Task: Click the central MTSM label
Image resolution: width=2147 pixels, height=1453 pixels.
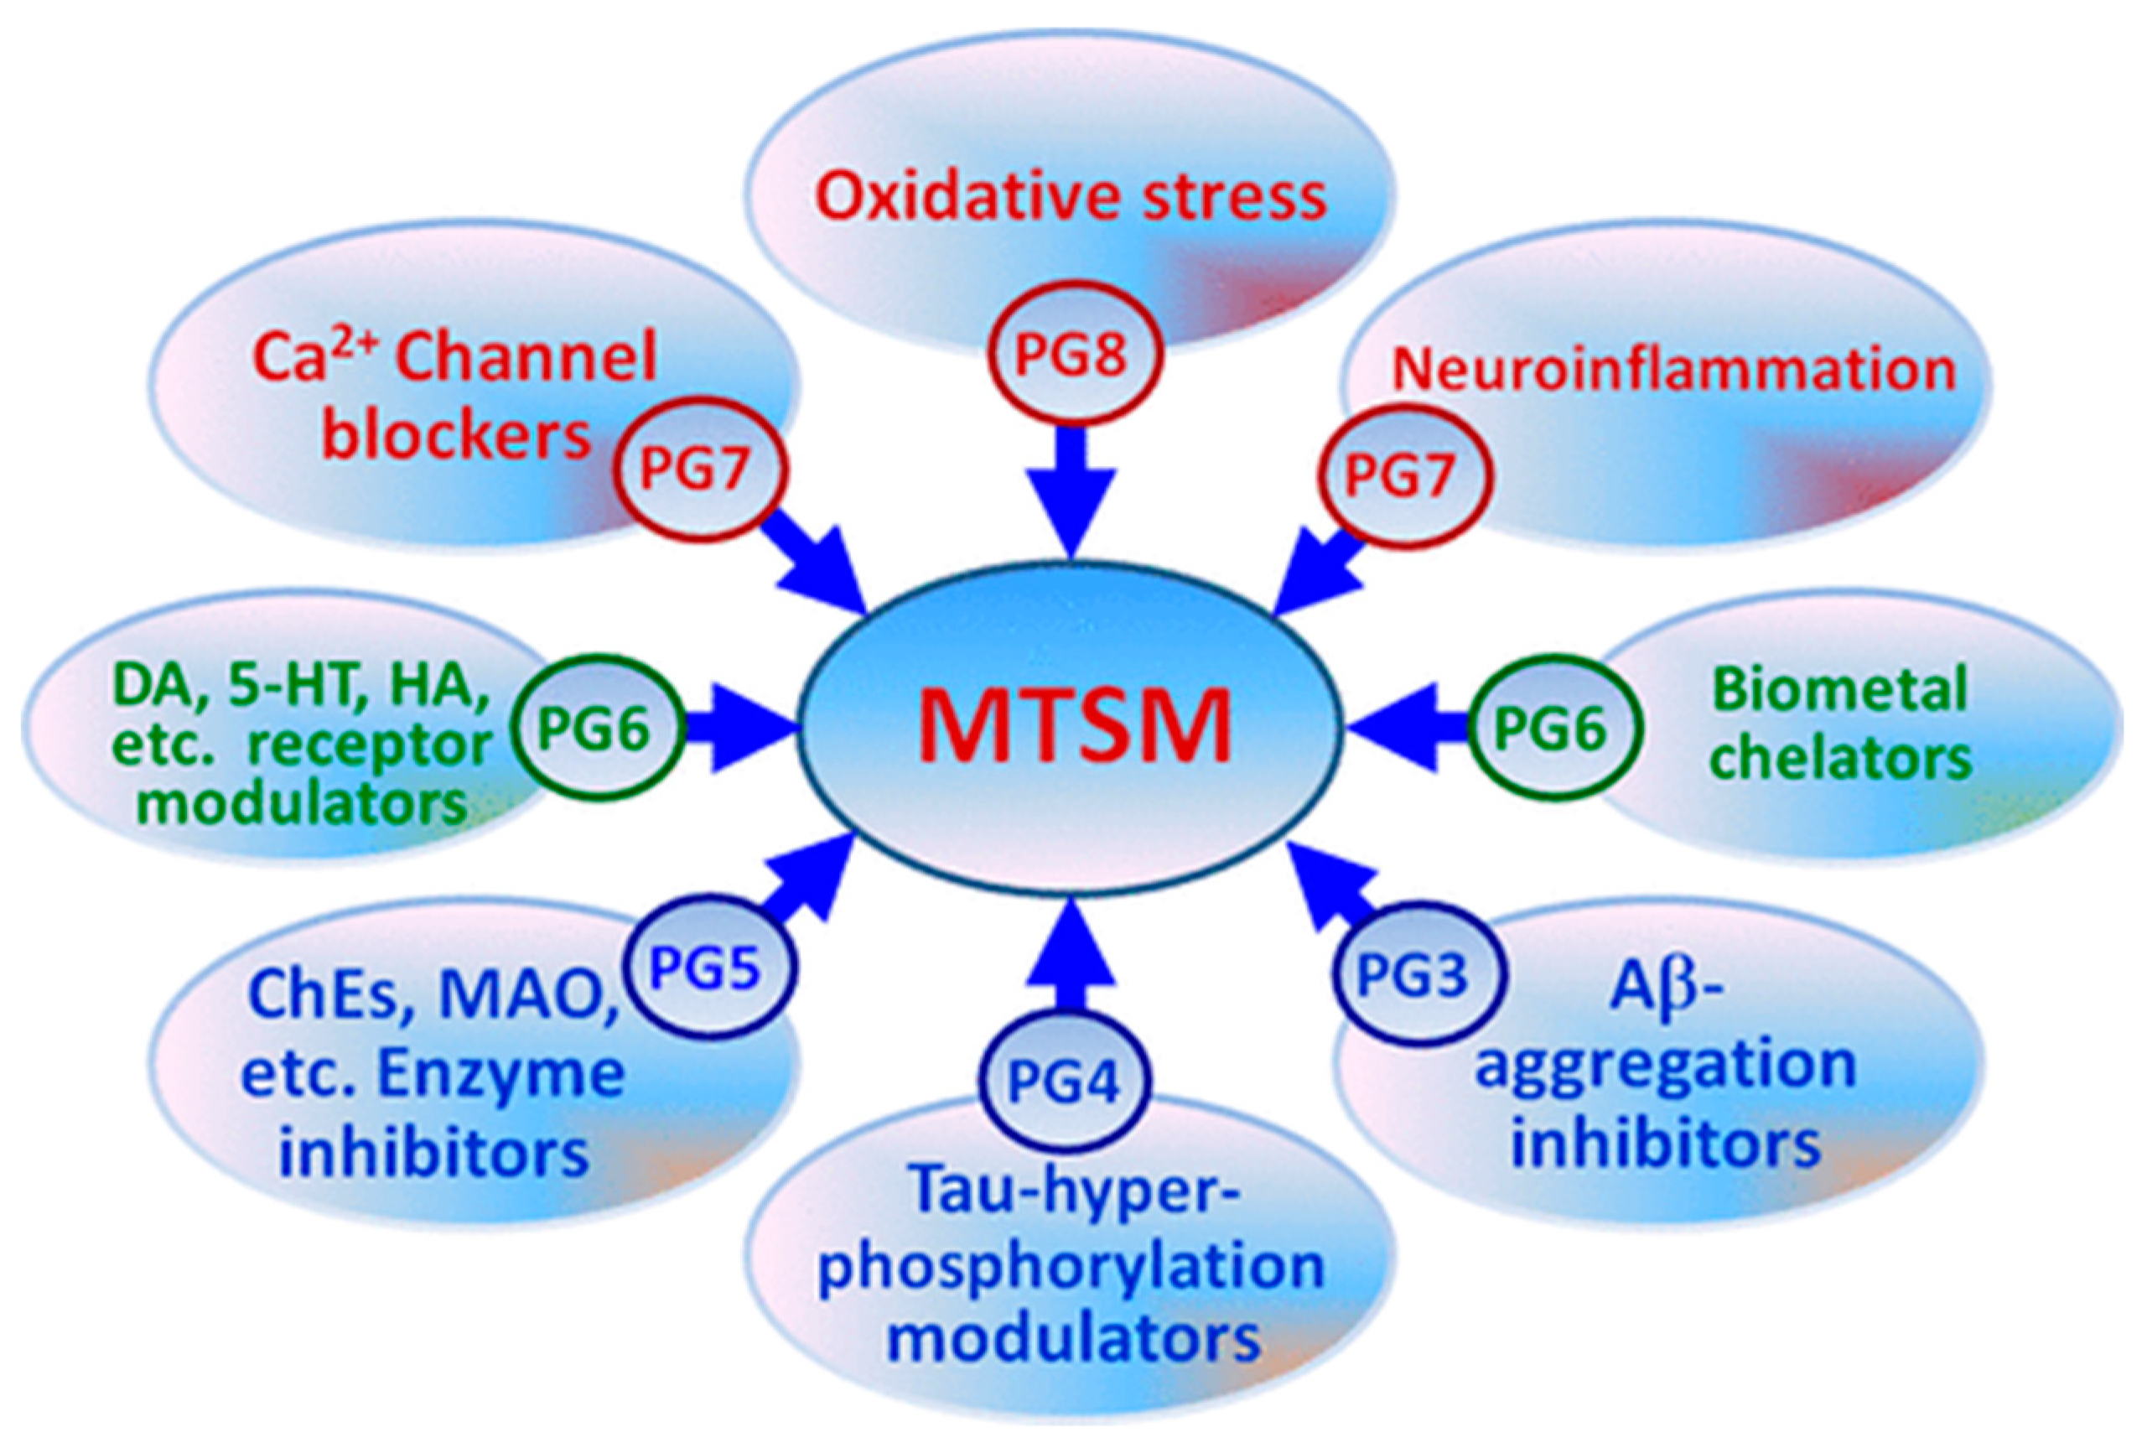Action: coord(1072,726)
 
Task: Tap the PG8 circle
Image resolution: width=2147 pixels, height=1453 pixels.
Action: coord(1071,355)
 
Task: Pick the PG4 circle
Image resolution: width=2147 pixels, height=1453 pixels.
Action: coord(1064,1082)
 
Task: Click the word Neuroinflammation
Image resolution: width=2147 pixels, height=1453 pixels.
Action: coord(1673,369)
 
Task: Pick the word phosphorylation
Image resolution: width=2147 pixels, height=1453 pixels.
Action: coord(1071,1264)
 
